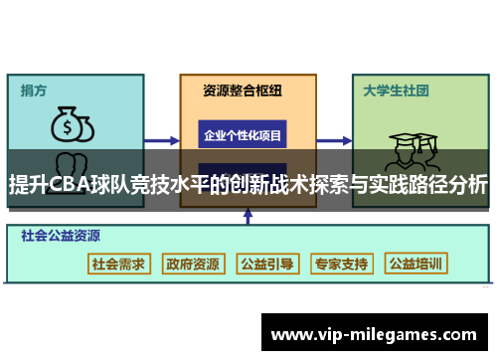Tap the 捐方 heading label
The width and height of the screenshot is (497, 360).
click(x=35, y=90)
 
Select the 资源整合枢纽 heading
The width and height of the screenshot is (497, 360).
click(x=243, y=90)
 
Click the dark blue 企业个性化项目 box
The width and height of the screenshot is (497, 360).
click(x=243, y=134)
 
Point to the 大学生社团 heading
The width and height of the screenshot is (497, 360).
click(x=396, y=90)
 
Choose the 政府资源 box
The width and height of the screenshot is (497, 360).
click(x=193, y=264)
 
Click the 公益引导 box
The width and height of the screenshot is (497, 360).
click(x=266, y=264)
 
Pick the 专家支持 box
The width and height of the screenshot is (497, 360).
click(x=341, y=264)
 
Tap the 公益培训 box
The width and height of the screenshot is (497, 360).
click(x=416, y=264)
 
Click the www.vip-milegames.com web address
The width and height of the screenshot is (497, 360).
click(x=374, y=335)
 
